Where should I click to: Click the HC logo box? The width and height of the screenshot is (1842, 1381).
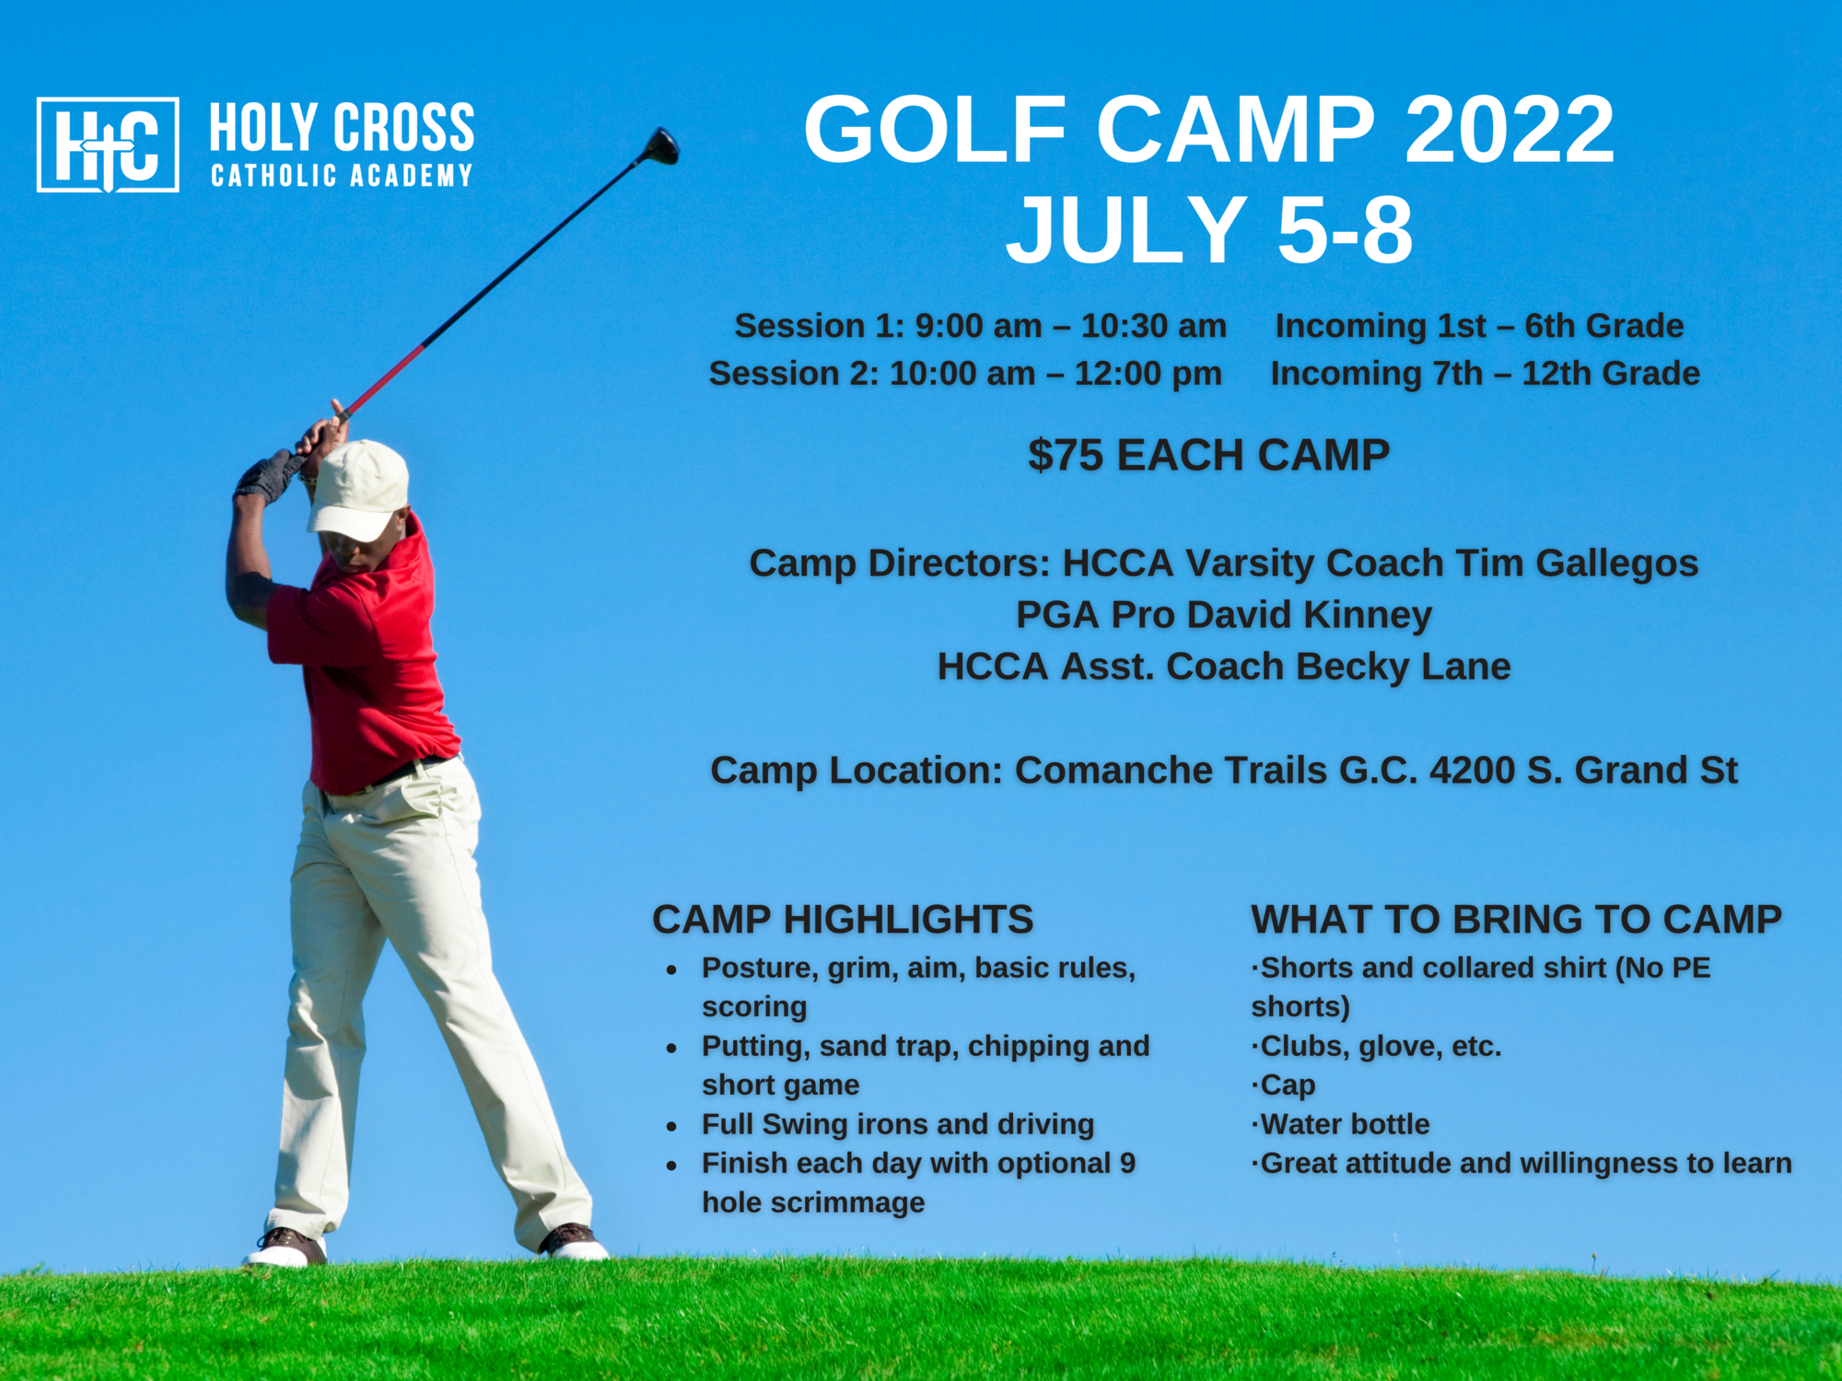point(108,145)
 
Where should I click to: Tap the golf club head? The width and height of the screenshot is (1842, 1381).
point(661,145)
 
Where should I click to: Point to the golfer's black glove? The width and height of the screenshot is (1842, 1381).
point(266,476)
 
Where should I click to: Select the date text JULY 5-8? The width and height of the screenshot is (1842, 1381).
point(1209,229)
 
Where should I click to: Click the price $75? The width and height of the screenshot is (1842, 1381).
point(1066,455)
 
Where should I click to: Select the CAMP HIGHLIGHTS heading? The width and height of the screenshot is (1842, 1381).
point(843,920)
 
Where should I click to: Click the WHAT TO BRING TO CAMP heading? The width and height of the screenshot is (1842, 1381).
point(1516,920)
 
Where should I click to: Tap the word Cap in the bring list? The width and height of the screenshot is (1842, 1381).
point(1288,1085)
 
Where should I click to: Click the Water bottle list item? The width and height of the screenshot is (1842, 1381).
point(1341,1124)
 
